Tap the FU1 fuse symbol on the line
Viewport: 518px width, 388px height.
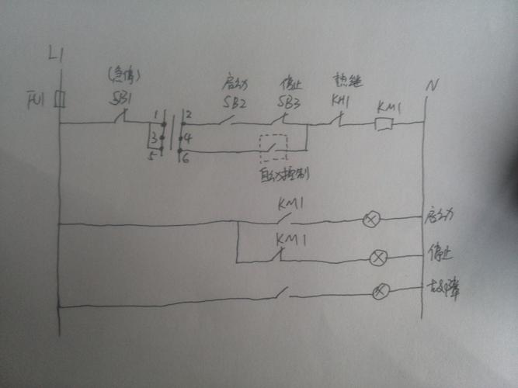coord(58,101)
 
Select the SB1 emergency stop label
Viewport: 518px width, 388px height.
coord(119,100)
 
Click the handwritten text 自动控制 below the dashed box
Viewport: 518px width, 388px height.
coord(283,175)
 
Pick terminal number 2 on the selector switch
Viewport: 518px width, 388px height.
coord(189,115)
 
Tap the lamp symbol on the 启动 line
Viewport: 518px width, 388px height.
coord(371,220)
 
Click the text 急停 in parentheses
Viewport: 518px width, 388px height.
coord(122,76)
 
